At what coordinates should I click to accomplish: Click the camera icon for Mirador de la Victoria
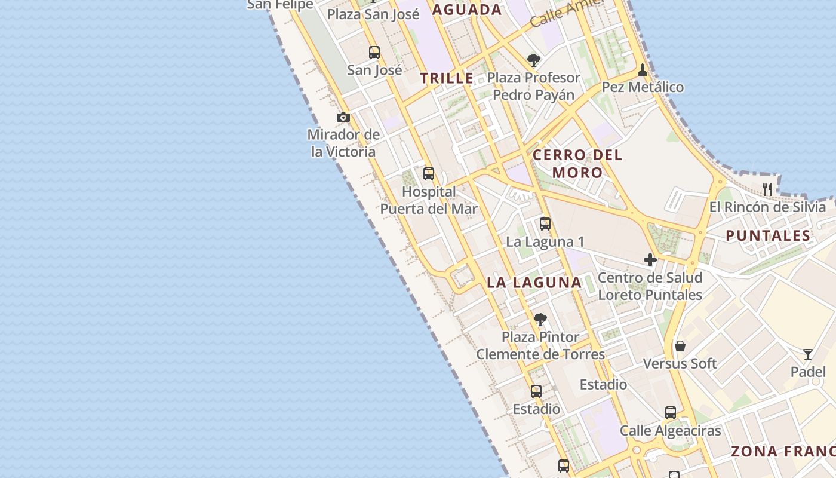point(343,117)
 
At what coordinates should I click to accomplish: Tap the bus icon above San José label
point(374,53)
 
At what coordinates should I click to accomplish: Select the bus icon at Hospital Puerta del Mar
point(429,174)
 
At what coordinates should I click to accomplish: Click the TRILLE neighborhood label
point(447,78)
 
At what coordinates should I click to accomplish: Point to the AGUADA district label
point(467,10)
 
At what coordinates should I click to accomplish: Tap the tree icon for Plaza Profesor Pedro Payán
point(534,60)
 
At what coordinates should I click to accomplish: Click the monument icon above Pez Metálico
point(643,69)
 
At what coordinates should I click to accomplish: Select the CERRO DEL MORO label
point(577,164)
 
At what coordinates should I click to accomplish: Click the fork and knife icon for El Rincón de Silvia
point(767,189)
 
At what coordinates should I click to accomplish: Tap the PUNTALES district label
point(768,235)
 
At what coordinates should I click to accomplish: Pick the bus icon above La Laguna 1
point(545,224)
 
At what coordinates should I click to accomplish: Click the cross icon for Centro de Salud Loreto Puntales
point(650,260)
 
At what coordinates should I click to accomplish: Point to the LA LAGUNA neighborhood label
point(534,283)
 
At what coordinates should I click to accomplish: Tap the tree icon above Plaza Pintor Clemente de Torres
point(540,319)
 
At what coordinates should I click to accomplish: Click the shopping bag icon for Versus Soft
point(680,346)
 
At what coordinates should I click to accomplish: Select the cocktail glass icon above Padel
point(808,354)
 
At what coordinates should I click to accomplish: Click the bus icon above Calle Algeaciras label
point(671,413)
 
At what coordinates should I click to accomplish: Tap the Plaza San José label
point(373,14)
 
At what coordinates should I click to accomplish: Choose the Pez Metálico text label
point(643,87)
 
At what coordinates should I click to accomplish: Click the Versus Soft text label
point(680,363)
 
